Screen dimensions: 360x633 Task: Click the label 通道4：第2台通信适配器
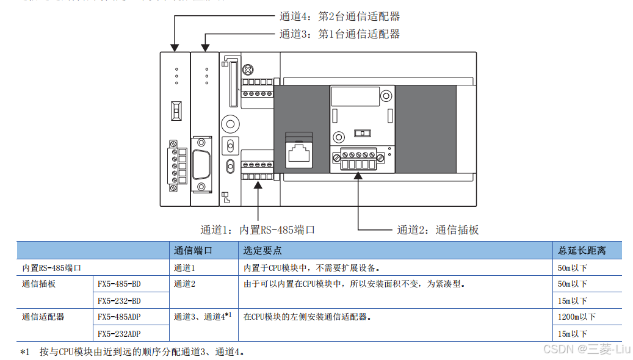[339, 16]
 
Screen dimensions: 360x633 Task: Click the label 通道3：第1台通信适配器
[339, 34]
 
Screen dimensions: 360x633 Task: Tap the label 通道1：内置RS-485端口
[258, 230]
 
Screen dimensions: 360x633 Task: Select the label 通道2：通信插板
[438, 230]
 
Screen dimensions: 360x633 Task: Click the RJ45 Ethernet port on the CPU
[299, 151]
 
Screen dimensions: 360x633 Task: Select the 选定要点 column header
[262, 250]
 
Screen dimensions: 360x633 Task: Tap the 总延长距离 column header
[581, 250]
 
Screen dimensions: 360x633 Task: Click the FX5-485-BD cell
[119, 284]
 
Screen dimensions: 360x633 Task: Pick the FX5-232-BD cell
[119, 301]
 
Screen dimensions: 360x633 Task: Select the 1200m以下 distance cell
[576, 317]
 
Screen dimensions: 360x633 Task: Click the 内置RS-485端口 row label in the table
[52, 267]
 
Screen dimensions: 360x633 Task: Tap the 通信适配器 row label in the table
[43, 317]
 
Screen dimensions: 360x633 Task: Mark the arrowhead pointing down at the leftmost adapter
[175, 47]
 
